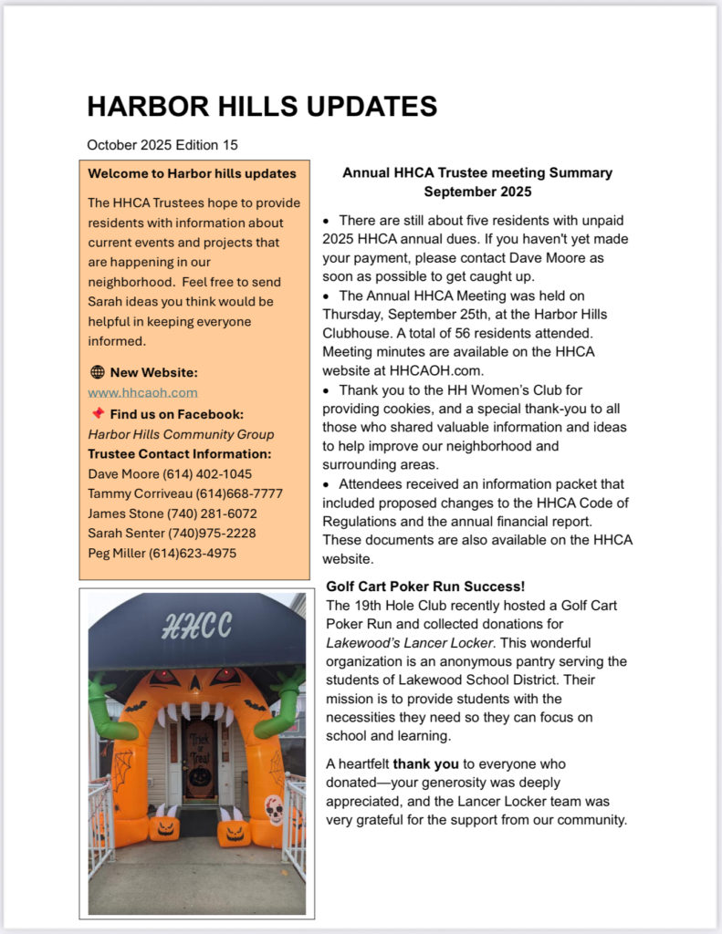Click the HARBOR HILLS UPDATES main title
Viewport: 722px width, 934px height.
coord(262,107)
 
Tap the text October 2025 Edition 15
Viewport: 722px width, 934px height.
coord(162,145)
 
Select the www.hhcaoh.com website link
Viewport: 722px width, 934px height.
coord(142,392)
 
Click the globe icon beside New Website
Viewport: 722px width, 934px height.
coord(98,372)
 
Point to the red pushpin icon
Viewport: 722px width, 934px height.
coord(98,413)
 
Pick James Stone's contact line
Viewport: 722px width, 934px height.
coord(173,514)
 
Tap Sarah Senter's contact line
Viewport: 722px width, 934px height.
coord(172,533)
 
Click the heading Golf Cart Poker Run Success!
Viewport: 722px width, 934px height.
coord(425,586)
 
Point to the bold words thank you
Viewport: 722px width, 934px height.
coord(425,763)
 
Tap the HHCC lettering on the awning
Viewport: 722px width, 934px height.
coord(196,625)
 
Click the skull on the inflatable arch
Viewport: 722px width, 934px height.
coord(274,809)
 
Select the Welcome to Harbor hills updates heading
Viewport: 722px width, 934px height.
coord(192,173)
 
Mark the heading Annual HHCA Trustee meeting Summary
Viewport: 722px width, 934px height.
coord(477,172)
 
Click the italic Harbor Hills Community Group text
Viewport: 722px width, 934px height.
coord(181,433)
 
